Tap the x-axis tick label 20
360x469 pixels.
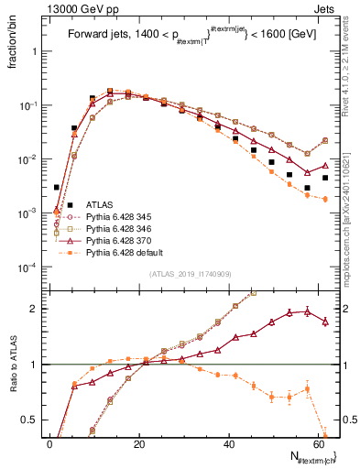(x=138, y=443)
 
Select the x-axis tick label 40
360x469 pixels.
(x=227, y=443)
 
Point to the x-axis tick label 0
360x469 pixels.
(x=49, y=443)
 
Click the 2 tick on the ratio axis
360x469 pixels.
(x=36, y=308)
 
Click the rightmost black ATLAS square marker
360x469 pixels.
(x=325, y=178)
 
